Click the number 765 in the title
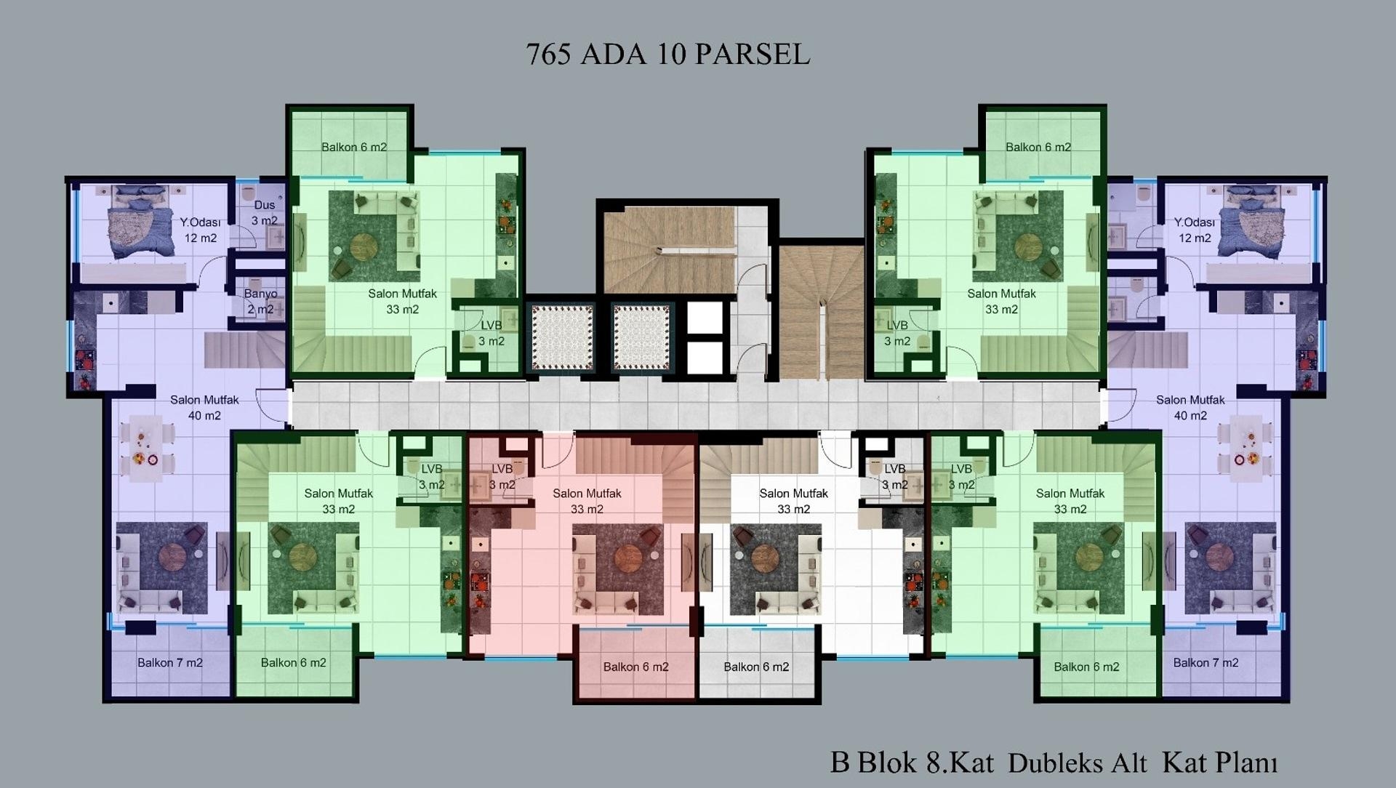[x=548, y=55]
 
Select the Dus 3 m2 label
[x=265, y=213]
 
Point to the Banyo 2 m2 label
[x=260, y=302]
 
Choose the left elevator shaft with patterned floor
[x=562, y=336]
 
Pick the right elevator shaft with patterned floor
[x=641, y=336]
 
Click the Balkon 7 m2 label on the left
[x=170, y=663]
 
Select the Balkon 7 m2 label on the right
[x=1206, y=663]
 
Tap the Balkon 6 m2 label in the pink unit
[x=635, y=667]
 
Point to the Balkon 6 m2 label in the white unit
[x=756, y=667]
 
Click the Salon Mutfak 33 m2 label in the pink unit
[x=587, y=501]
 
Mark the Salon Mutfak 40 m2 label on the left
[x=204, y=408]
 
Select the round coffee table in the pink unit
[x=625, y=558]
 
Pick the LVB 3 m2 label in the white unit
[x=894, y=477]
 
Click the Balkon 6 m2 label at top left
[x=354, y=147]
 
